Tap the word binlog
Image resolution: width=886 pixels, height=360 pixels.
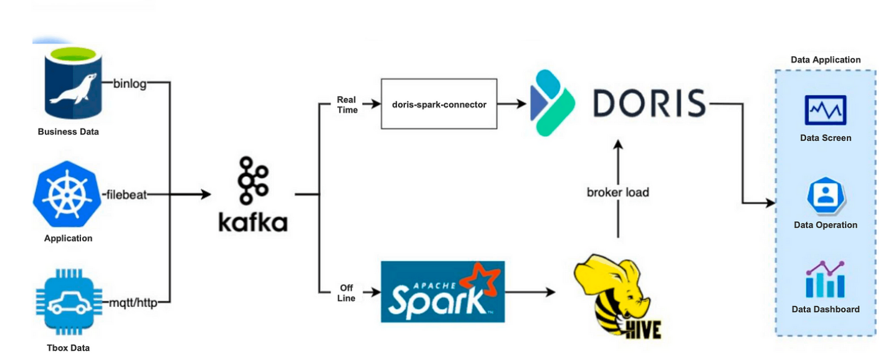[130, 83]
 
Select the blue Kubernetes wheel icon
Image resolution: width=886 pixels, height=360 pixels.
[67, 194]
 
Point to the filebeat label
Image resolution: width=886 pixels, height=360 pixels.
[126, 195]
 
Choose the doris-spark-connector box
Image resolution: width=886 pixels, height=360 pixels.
[439, 104]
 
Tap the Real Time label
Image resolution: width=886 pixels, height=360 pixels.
[347, 104]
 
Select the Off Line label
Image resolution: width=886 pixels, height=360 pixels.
[346, 293]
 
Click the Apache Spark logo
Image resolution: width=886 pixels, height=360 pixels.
[442, 291]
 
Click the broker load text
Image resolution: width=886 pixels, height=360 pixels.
[617, 192]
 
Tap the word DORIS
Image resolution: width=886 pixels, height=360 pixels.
[649, 103]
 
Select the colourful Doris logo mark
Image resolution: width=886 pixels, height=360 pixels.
[551, 103]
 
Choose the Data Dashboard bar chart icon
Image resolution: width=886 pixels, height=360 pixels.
[825, 280]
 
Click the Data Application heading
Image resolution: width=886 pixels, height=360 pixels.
[825, 60]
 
